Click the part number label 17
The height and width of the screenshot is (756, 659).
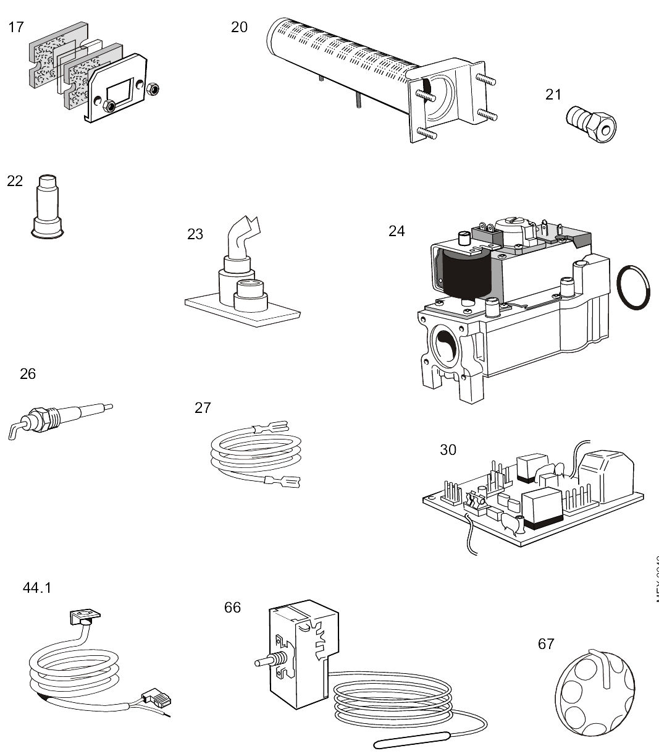click(15, 27)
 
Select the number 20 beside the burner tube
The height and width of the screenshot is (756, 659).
click(239, 27)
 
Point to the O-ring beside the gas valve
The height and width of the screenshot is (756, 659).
click(634, 287)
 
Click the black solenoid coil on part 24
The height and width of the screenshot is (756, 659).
click(467, 276)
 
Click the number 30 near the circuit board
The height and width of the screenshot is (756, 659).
click(448, 449)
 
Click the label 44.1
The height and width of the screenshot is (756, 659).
click(37, 588)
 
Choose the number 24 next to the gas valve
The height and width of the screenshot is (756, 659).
click(397, 231)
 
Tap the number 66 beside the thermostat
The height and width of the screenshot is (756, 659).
click(232, 608)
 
